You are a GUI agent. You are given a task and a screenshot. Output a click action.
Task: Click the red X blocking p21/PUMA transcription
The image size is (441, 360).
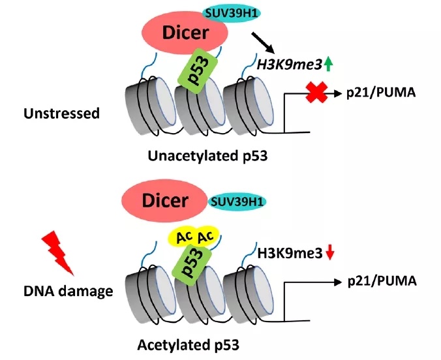315,93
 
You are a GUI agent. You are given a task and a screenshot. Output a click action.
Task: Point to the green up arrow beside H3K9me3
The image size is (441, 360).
328,63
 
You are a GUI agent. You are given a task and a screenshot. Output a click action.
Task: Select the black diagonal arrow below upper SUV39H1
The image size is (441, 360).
263,42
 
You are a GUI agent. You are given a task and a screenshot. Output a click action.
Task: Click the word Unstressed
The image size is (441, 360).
61,113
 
